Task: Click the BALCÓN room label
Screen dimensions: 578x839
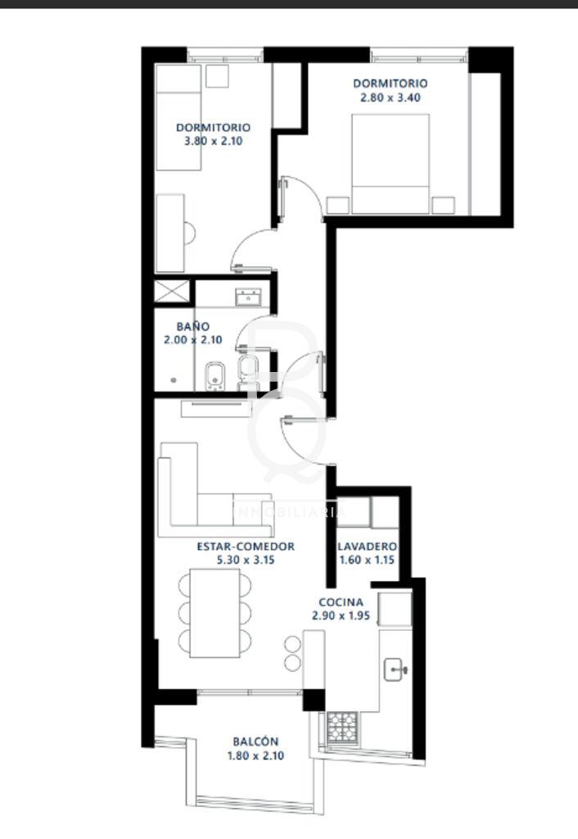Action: [255, 741]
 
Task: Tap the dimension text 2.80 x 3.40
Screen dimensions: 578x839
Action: [391, 98]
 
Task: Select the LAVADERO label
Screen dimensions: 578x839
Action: [367, 546]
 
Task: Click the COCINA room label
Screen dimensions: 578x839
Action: [341, 602]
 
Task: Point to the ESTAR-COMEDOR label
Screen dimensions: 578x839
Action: [246, 546]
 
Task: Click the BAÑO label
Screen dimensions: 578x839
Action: [193, 326]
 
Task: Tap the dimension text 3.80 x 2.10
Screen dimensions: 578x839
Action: [214, 141]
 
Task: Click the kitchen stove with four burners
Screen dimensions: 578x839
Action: [342, 728]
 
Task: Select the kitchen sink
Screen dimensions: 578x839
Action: [395, 669]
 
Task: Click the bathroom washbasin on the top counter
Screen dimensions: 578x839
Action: [249, 297]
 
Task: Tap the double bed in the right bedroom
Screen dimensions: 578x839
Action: [391, 164]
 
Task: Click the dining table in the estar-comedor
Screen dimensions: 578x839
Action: [215, 613]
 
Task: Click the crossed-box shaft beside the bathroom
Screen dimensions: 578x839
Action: [172, 292]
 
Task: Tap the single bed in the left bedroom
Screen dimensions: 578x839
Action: [178, 117]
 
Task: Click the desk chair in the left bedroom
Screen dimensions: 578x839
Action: [189, 234]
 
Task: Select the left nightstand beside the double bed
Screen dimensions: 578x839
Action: [338, 206]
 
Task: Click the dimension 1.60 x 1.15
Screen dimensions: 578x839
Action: [367, 560]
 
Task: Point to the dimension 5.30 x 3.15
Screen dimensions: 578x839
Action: [246, 560]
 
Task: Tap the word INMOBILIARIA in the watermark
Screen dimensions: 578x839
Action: [289, 512]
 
